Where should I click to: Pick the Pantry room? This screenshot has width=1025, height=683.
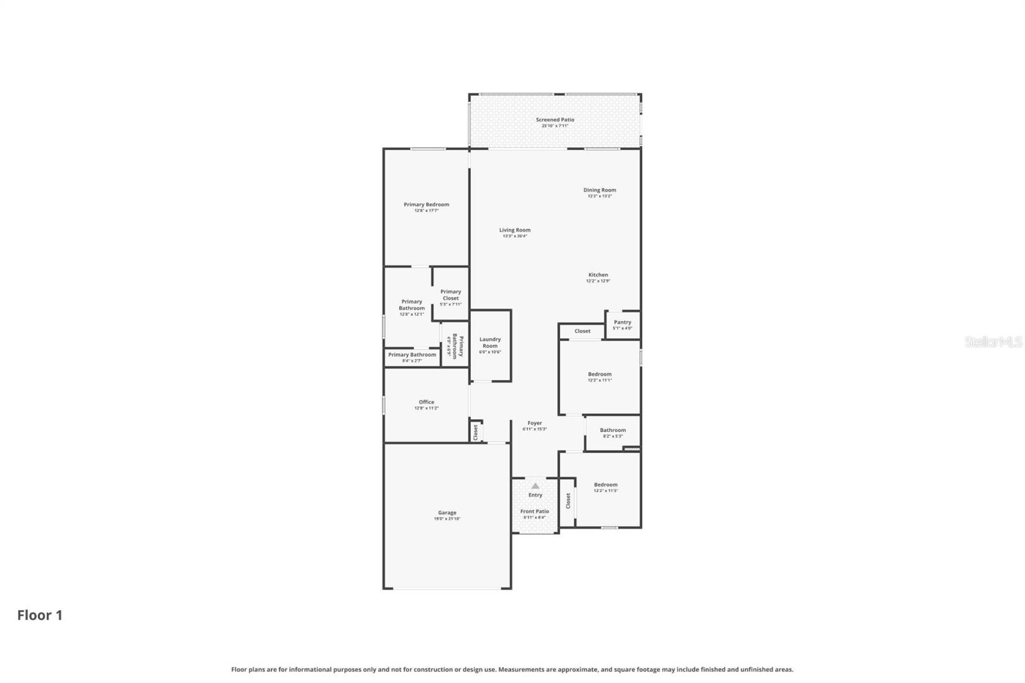pos(622,325)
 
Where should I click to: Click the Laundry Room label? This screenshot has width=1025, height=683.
pos(490,343)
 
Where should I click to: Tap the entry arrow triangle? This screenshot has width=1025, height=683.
pos(535,486)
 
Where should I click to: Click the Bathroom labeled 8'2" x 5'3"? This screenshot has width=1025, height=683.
pos(612,432)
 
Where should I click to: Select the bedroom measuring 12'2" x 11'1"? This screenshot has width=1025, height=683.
pos(600,377)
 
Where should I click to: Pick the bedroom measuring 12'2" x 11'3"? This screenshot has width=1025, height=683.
pos(605,487)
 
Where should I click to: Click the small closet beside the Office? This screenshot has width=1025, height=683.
pos(475,431)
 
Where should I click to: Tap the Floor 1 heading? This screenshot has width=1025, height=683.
pos(40,615)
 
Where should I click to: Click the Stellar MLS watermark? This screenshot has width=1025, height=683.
pos(993,342)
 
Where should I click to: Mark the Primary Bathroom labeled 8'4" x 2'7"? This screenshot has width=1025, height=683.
pos(412,357)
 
